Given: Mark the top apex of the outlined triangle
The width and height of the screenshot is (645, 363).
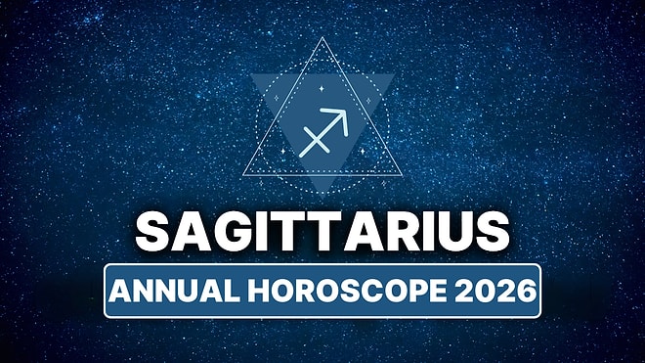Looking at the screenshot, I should pyautogui.click(x=322, y=39).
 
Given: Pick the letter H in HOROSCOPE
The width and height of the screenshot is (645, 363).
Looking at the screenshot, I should pyautogui.click(x=261, y=291).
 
